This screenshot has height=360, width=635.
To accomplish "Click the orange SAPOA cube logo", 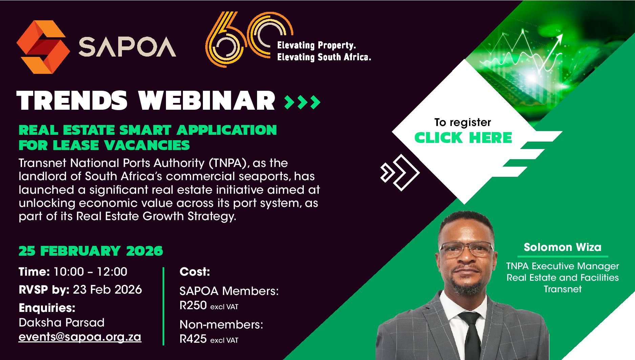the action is tap(43, 47).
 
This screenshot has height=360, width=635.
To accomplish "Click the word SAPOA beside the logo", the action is tap(127, 47).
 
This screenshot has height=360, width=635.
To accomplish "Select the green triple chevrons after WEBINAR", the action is tap(302, 102).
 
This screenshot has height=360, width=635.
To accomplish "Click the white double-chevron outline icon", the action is tap(400, 172).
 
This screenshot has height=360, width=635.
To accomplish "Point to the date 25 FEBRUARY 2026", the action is tap(91, 251).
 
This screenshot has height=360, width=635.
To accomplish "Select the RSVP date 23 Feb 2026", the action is tap(107, 290).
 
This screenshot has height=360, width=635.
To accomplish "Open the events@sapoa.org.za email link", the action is tap(80, 337).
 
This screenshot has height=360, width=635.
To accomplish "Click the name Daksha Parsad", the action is tap(62, 322).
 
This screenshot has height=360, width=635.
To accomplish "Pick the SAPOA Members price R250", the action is tap(193, 305).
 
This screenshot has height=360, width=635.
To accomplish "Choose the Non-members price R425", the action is tap(193, 339).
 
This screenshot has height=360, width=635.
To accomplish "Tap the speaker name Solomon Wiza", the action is tap(563, 247).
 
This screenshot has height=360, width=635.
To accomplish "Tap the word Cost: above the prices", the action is tap(195, 272).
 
